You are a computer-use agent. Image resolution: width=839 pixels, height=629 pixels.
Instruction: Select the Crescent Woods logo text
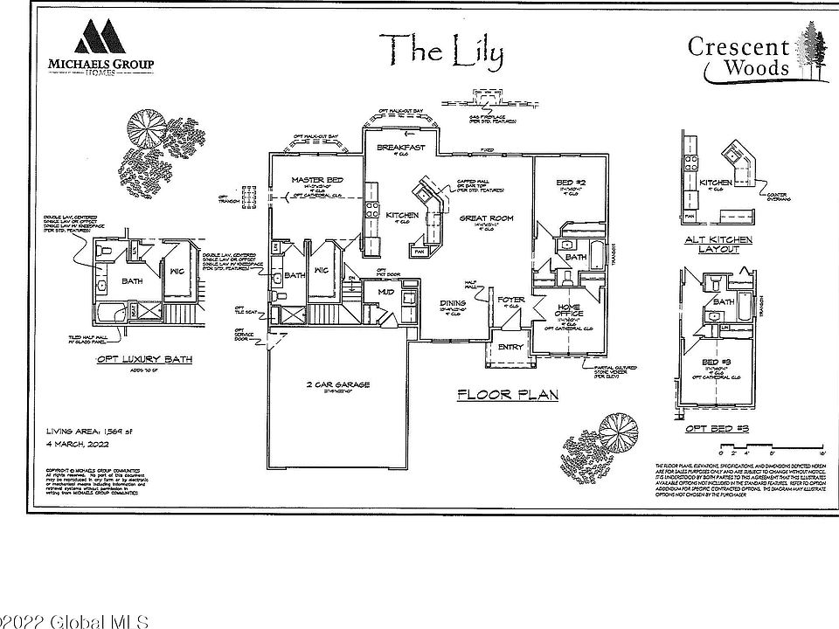(739, 57)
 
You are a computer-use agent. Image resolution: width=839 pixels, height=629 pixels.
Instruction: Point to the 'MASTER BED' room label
(316, 180)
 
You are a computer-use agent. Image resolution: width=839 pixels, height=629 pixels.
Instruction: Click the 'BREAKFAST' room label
(400, 149)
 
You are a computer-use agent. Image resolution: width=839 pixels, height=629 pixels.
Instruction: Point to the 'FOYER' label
(511, 301)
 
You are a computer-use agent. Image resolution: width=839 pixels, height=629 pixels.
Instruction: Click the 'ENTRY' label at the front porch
(510, 347)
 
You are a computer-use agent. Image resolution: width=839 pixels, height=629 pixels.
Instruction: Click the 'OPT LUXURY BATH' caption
(143, 359)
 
